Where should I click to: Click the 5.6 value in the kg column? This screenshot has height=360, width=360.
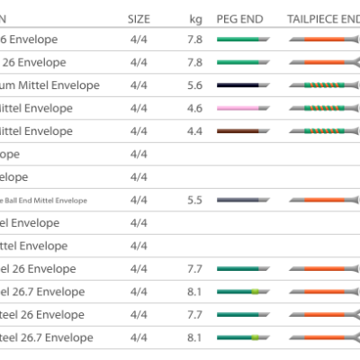coord(196,85)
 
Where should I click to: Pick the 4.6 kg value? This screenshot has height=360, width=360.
coord(196,108)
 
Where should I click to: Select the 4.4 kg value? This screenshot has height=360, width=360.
coord(196,131)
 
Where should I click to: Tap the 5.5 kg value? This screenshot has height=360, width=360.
coord(196,200)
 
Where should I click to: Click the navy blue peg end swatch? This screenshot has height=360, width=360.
coord(243,85)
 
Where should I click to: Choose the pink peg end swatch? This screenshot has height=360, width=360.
coord(243,108)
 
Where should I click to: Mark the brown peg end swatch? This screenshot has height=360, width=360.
coord(243,131)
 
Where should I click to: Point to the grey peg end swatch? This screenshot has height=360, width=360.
coord(243,200)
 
